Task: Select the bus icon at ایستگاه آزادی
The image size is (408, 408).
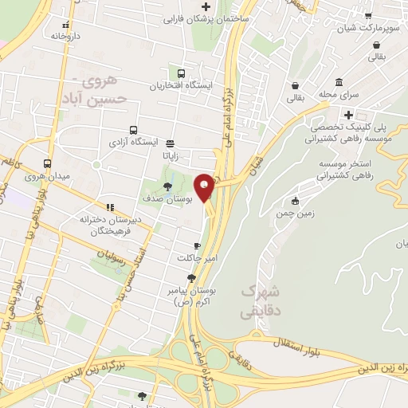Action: point(133,130)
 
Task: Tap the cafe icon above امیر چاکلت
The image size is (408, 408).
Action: point(196,245)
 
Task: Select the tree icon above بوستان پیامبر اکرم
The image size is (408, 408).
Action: point(190,278)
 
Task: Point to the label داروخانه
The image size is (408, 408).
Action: point(68,36)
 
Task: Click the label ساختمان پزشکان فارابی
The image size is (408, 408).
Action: point(203,18)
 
